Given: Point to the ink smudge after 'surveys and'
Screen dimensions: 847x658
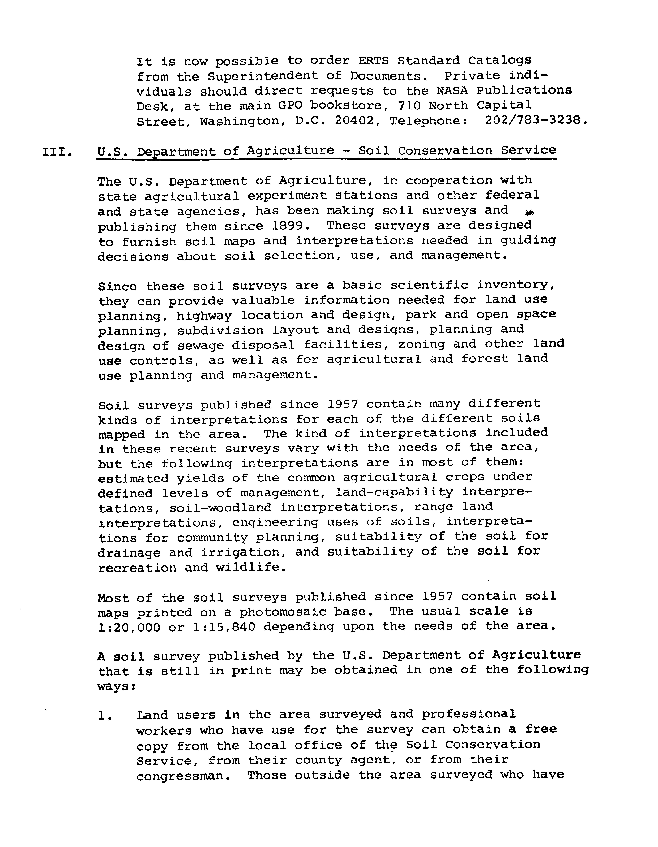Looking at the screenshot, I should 528,212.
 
